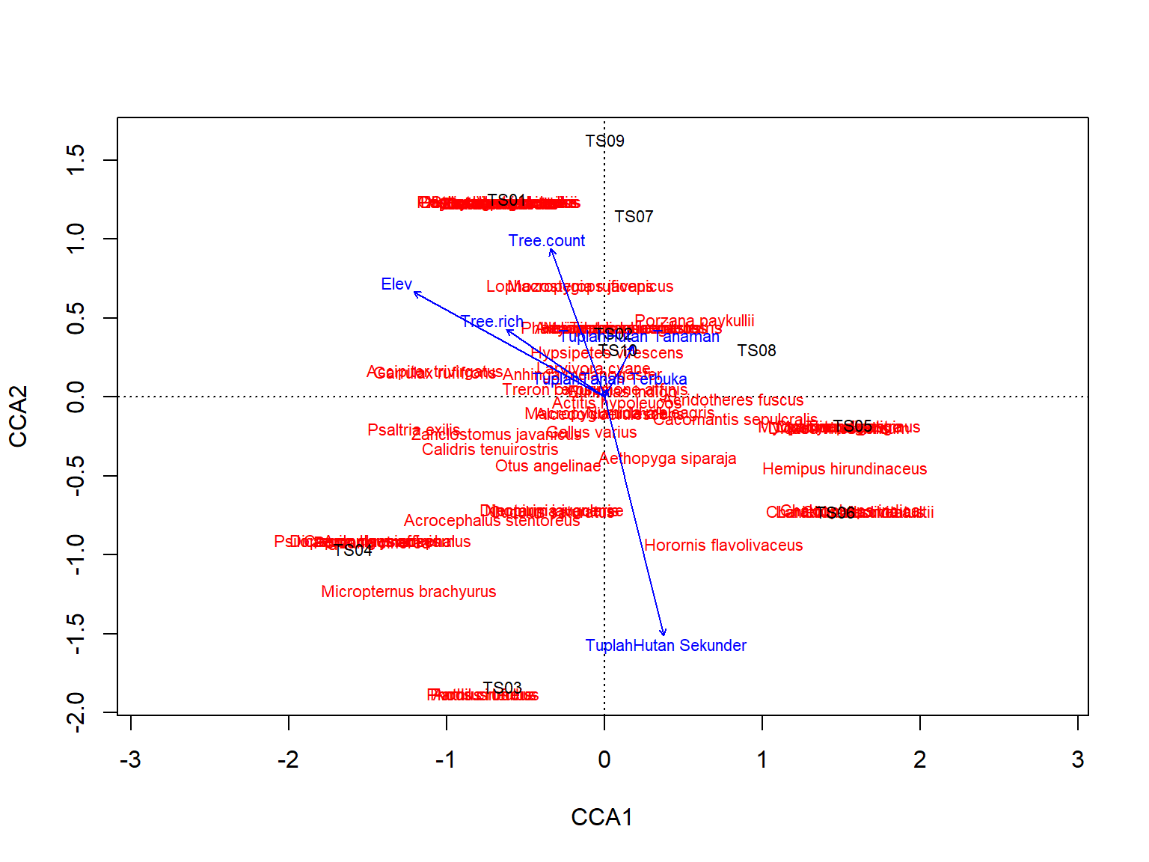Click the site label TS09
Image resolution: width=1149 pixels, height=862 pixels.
point(604,141)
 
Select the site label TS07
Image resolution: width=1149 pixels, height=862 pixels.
point(634,217)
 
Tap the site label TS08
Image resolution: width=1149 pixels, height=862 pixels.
point(756,351)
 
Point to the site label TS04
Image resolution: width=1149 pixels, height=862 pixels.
point(352,551)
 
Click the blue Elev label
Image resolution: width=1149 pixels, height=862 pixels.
point(396,284)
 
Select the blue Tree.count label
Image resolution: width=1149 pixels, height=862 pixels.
point(546,241)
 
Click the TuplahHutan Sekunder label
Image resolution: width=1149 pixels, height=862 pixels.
point(666,646)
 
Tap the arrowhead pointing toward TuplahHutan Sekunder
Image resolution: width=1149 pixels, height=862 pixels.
point(664,635)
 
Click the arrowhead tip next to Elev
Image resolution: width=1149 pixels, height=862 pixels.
point(415,293)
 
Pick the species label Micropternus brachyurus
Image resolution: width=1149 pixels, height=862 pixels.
point(408,592)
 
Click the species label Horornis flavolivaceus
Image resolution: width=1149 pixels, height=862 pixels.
point(723,545)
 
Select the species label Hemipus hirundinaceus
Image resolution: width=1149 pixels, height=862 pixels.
point(845,469)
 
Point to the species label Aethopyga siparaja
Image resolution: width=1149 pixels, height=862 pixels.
point(668,459)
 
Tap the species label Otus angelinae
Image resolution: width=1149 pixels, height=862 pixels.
point(548,466)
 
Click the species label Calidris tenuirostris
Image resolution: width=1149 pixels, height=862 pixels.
point(490,450)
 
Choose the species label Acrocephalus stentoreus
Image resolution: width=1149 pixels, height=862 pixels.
point(491,521)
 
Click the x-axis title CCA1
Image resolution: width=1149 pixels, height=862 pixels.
point(602,817)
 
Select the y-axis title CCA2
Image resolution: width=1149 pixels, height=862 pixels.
point(18,416)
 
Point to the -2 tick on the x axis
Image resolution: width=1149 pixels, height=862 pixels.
point(289,760)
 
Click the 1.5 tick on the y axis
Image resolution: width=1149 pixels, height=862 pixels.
point(76,160)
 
